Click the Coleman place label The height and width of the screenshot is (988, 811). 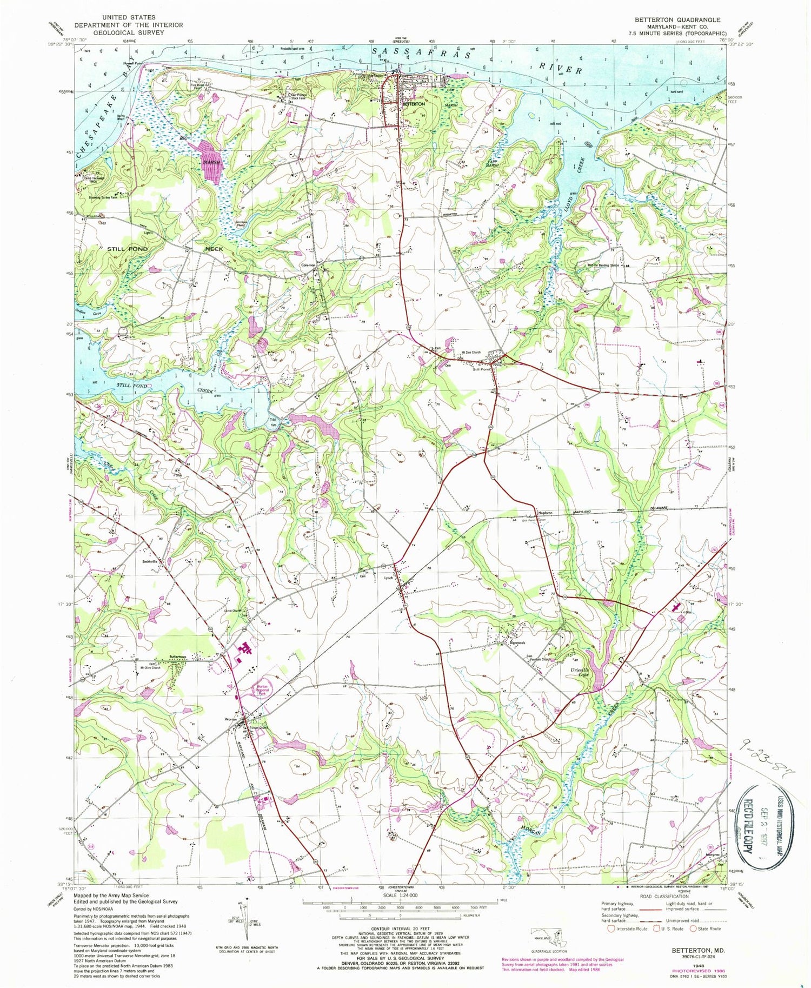309,265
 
